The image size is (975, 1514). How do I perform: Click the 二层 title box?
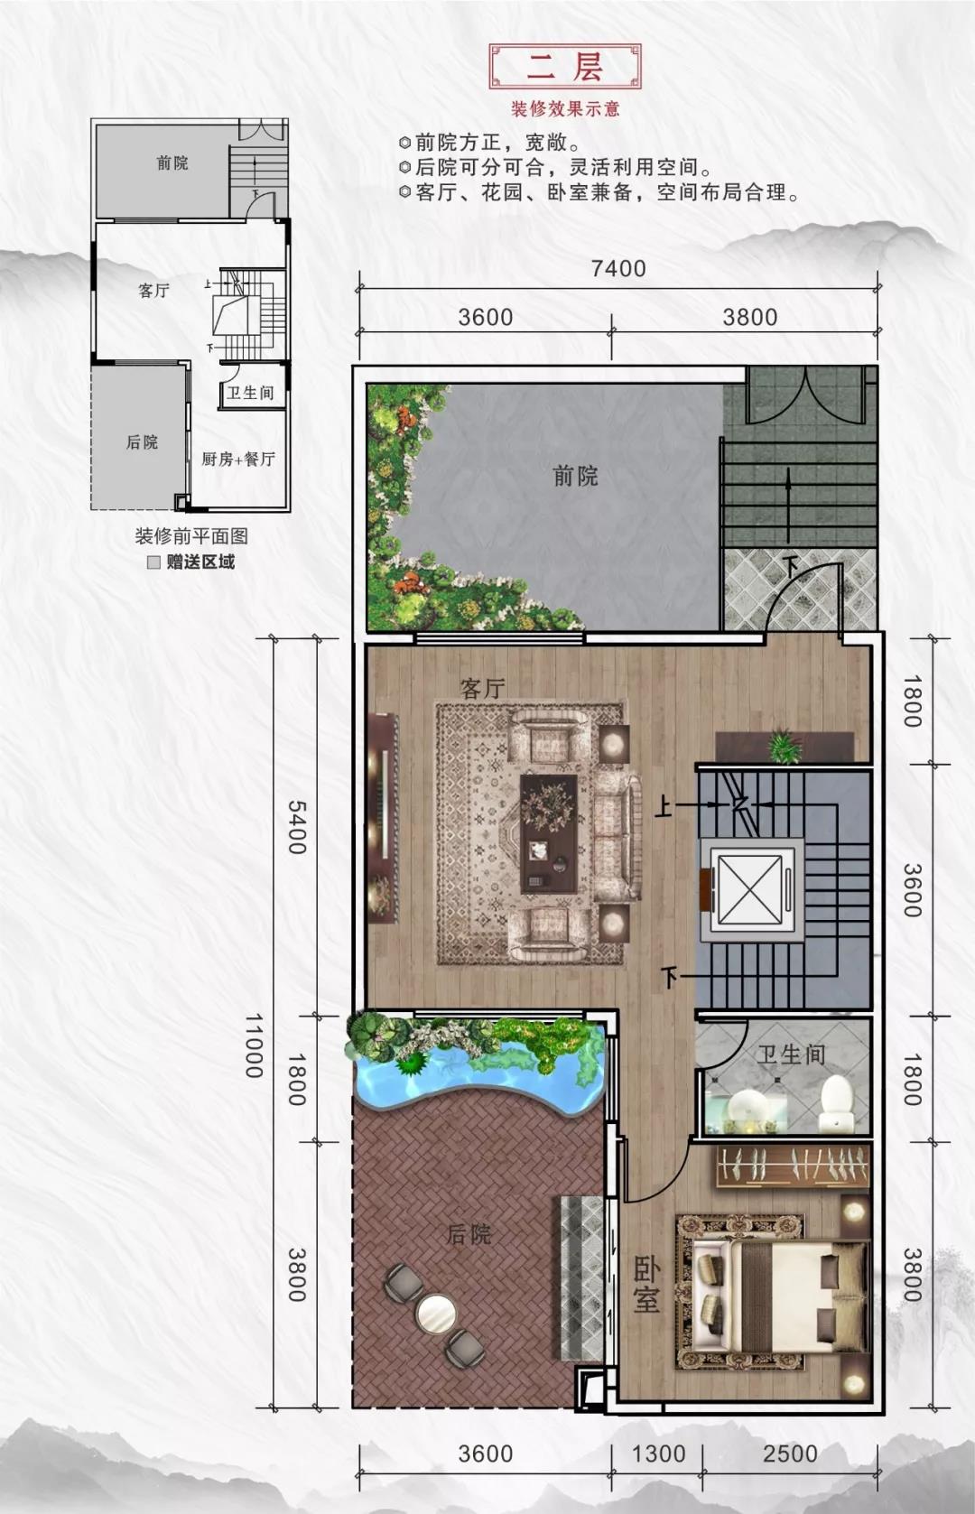(x=564, y=66)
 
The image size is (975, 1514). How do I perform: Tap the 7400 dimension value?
(x=618, y=268)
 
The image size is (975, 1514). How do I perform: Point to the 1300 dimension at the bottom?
(x=658, y=1453)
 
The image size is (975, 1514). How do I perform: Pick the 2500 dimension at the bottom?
(x=790, y=1453)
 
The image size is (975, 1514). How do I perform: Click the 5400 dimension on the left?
(x=297, y=826)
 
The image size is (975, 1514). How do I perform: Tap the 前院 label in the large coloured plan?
(x=575, y=476)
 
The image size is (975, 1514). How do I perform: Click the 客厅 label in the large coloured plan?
(x=482, y=689)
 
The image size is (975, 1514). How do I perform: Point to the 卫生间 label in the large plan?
(x=791, y=1054)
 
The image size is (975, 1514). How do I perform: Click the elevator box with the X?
(x=748, y=890)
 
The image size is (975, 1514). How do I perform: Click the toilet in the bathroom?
(x=837, y=1102)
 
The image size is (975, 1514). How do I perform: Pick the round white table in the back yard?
(x=436, y=1314)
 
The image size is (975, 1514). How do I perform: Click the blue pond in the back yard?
(x=469, y=1074)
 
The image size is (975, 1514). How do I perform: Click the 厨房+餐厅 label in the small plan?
(x=238, y=459)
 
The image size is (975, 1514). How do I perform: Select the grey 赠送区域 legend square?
(x=153, y=562)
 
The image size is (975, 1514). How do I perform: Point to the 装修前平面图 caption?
(x=191, y=535)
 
